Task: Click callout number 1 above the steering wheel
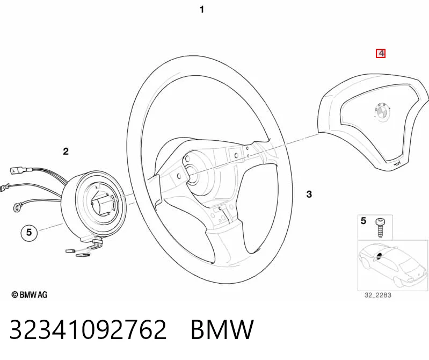[x=202, y=10]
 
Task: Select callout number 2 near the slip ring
[x=66, y=152]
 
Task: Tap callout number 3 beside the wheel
[x=309, y=195]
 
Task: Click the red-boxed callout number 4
[x=381, y=53]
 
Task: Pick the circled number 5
[x=29, y=233]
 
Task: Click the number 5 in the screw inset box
[x=363, y=221]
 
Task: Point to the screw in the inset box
[x=380, y=227]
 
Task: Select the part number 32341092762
[x=88, y=329]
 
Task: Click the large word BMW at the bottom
[x=222, y=329]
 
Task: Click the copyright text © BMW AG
[x=30, y=294]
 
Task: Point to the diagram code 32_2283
[x=377, y=295]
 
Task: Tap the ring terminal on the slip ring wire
[x=17, y=208]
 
